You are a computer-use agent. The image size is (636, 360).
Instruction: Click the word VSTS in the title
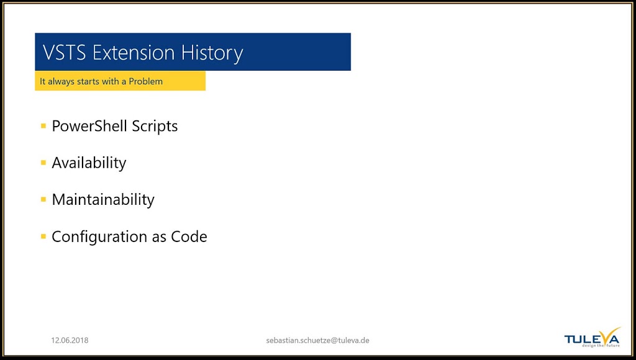click(64, 53)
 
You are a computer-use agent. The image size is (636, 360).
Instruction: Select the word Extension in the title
click(134, 53)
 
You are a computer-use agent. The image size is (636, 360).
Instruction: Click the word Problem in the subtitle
click(145, 81)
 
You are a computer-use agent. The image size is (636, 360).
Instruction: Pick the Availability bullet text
click(89, 163)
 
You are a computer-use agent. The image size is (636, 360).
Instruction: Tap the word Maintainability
click(103, 199)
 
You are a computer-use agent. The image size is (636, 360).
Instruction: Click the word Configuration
click(99, 236)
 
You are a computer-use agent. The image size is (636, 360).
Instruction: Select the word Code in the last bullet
click(189, 236)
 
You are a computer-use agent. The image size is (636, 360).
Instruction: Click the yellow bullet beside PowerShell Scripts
click(43, 126)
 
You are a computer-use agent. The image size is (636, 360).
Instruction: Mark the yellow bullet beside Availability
click(43, 163)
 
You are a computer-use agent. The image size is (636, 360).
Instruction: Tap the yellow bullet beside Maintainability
click(43, 199)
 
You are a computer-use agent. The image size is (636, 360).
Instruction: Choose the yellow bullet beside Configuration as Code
click(43, 236)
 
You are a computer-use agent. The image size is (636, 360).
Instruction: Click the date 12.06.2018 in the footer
click(70, 341)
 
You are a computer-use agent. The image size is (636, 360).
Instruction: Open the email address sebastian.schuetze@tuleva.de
click(317, 341)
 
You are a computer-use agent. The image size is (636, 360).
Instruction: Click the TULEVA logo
click(593, 337)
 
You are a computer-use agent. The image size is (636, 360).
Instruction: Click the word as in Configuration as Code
click(159, 238)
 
